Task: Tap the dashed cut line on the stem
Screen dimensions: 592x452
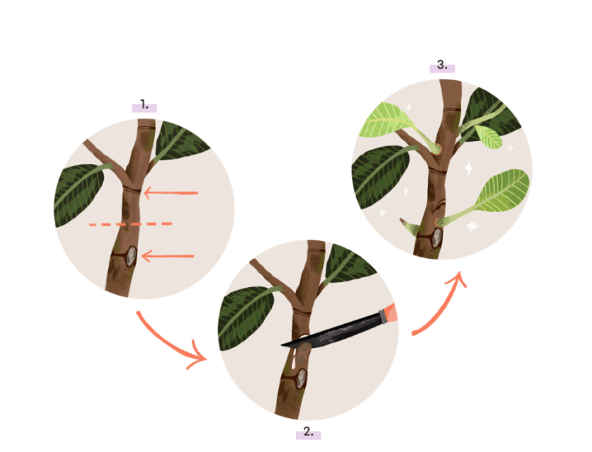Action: pos(130,224)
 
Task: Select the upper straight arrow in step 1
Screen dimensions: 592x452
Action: pos(170,193)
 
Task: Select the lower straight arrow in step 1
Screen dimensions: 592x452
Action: pos(167,256)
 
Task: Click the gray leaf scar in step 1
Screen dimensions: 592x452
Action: pos(131,256)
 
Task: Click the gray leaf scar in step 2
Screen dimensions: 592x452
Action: pos(301,378)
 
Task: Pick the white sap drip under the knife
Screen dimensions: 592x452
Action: pos(294,358)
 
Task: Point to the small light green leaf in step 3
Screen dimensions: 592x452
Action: pos(489,136)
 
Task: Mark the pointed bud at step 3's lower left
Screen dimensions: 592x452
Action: pos(409,226)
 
